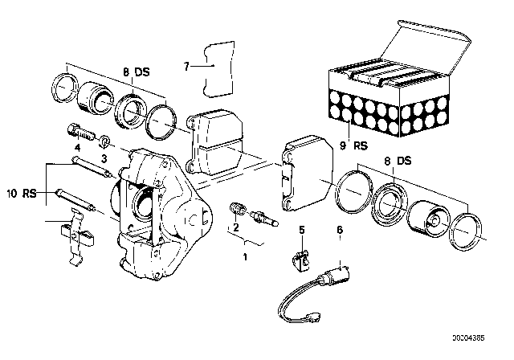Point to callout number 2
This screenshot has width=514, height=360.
tap(235, 227)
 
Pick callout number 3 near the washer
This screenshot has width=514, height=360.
tap(103, 159)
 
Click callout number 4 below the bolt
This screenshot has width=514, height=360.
tap(78, 148)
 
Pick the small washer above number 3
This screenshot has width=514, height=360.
tap(104, 141)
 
